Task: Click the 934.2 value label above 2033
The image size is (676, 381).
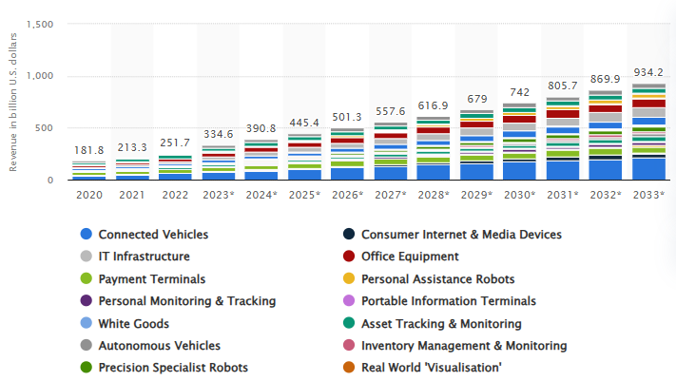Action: pos(648,72)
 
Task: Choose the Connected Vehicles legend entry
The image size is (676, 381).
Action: pos(153,234)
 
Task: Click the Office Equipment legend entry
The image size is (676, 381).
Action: pos(411,257)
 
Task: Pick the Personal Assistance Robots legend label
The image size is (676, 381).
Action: pos(438,278)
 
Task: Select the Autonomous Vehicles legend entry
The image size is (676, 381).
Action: pos(159,345)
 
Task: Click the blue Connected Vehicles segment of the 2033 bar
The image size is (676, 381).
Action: pos(648,169)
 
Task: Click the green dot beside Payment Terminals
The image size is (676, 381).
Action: pos(86,278)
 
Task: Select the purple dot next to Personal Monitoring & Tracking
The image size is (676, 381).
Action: pos(86,300)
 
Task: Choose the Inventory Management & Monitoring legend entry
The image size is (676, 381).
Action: pos(464,345)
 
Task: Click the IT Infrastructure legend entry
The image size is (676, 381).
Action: pos(144,257)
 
